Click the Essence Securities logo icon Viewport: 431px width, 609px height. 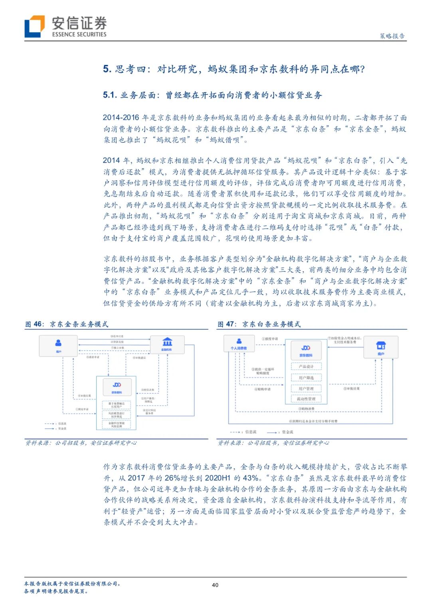pyautogui.click(x=34, y=26)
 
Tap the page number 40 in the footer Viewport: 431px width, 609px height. pyautogui.click(x=215, y=585)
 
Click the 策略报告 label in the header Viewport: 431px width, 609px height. pyautogui.click(x=392, y=36)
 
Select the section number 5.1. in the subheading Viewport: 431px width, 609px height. pyautogui.click(x=110, y=95)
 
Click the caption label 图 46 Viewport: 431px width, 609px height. pyautogui.click(x=34, y=324)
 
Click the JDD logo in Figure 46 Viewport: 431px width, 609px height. pyautogui.click(x=117, y=385)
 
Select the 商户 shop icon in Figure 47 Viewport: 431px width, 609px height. pyautogui.click(x=381, y=345)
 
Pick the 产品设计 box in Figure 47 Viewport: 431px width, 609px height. pyautogui.click(x=306, y=367)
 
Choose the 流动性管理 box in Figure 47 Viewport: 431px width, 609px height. pyautogui.click(x=306, y=399)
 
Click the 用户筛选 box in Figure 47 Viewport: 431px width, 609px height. pyautogui.click(x=306, y=377)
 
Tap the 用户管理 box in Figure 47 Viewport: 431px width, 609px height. pyautogui.click(x=306, y=388)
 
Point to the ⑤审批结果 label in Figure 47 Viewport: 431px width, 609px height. pyautogui.click(x=352, y=388)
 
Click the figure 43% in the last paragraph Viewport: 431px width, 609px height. pyautogui.click(x=250, y=478)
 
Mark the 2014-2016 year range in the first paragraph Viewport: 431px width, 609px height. pyautogui.click(x=121, y=118)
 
